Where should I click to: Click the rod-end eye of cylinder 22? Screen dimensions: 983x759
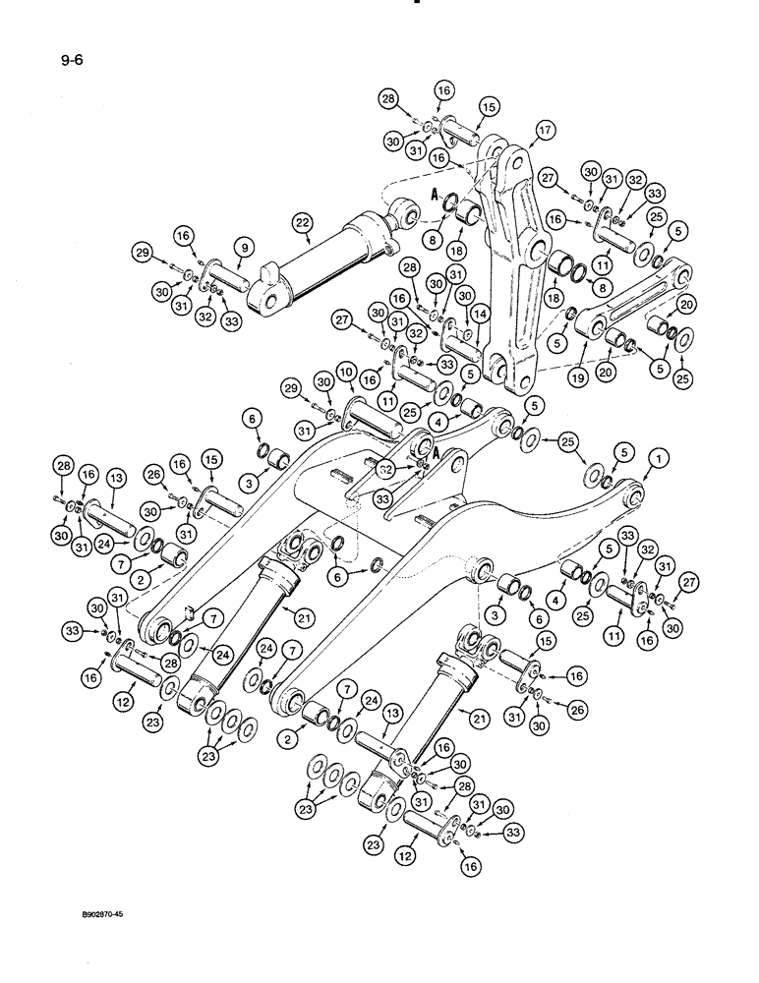point(401,210)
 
